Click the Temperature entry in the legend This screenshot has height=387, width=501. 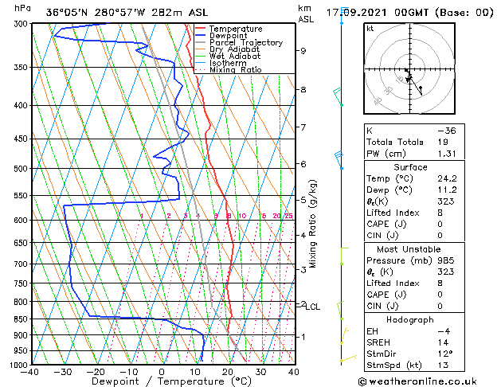coord(234,29)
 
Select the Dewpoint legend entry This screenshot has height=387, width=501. coord(229,36)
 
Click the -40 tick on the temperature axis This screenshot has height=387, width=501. coord(31,372)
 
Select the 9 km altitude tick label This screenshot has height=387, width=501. coord(303,51)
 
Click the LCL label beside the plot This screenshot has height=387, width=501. coord(313,307)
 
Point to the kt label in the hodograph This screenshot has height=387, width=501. coord(370,29)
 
